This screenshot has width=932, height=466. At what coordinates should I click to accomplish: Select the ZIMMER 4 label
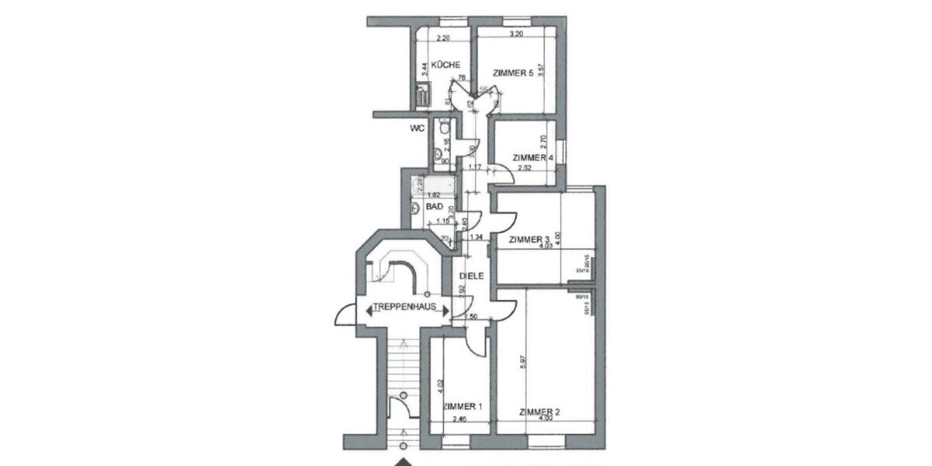(533, 158)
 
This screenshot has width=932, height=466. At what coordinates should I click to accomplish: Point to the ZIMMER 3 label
(529, 240)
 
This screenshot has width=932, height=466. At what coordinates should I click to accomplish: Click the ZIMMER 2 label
(540, 412)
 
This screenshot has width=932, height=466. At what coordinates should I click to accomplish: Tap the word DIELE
(471, 276)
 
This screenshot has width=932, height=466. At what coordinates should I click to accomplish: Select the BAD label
(435, 207)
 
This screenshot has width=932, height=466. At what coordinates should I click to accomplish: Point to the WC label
(417, 129)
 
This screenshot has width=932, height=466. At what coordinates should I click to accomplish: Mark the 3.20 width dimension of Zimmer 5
(515, 34)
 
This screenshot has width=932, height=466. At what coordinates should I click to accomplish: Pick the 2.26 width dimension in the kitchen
(443, 38)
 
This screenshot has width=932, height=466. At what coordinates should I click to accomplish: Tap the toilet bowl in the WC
(440, 130)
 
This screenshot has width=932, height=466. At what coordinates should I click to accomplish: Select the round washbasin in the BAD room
(413, 208)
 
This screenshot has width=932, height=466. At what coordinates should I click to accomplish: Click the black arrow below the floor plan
(403, 461)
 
